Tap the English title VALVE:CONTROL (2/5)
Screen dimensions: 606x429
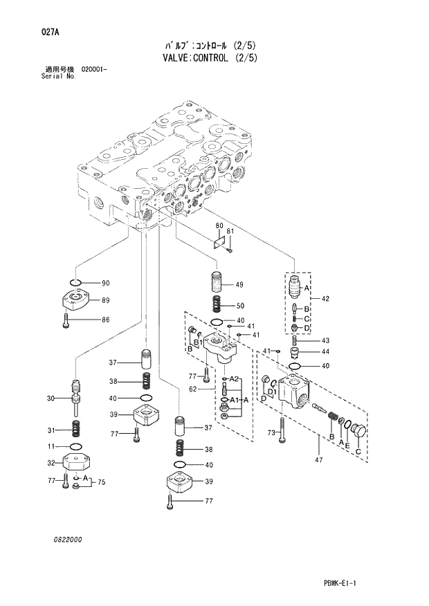(214, 57)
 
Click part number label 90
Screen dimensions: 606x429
(106, 283)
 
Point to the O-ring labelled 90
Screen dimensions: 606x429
(77, 282)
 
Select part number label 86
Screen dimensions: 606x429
(106, 320)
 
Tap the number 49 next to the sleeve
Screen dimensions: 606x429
(239, 285)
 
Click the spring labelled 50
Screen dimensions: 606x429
(216, 304)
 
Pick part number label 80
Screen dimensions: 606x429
(219, 226)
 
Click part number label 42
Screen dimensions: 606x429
(325, 299)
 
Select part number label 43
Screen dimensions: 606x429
(325, 340)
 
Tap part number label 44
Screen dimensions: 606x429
(325, 352)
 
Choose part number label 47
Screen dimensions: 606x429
(318, 459)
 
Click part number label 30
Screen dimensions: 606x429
(51, 398)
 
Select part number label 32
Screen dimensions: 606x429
(51, 463)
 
